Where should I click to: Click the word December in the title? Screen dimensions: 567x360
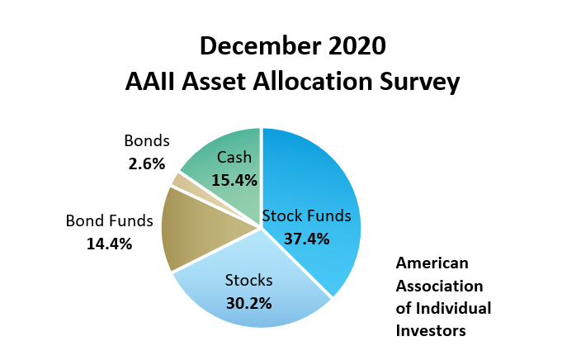point(260,46)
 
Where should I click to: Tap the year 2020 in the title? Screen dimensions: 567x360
point(357,46)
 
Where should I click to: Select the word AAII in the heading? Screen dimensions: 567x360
point(150,82)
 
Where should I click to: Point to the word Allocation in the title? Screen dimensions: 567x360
point(313,82)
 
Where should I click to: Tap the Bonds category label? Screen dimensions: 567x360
point(147,140)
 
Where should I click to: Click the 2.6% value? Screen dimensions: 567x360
point(147,164)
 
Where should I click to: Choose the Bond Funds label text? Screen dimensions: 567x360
point(109,220)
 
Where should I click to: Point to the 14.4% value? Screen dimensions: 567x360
point(109,244)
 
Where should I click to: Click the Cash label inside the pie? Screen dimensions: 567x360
point(234,158)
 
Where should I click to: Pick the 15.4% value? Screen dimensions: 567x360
point(234,181)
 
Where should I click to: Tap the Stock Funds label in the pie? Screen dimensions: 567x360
point(307,216)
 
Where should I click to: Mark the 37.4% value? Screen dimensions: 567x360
point(307,239)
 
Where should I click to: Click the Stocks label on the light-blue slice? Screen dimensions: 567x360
point(248,281)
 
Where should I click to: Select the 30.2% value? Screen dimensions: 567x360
point(248,304)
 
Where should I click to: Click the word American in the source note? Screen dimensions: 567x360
point(432,263)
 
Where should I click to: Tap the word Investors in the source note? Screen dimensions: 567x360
point(431,331)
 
